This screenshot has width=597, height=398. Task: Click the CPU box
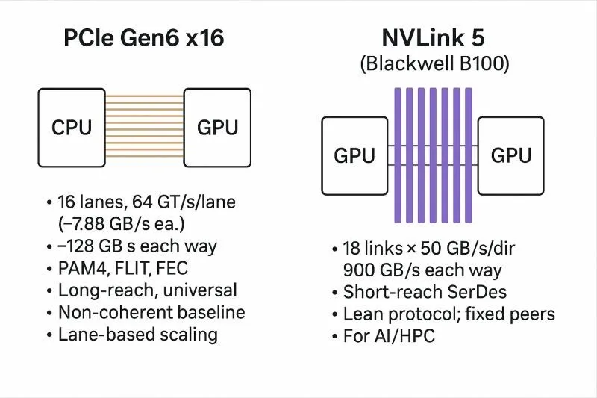pos(71,126)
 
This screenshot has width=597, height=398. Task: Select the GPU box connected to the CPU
pos(217,126)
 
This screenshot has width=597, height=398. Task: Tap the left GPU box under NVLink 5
pos(354,155)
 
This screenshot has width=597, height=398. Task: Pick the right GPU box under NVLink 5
pos(510,155)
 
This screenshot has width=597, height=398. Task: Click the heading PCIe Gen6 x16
pos(143,37)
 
